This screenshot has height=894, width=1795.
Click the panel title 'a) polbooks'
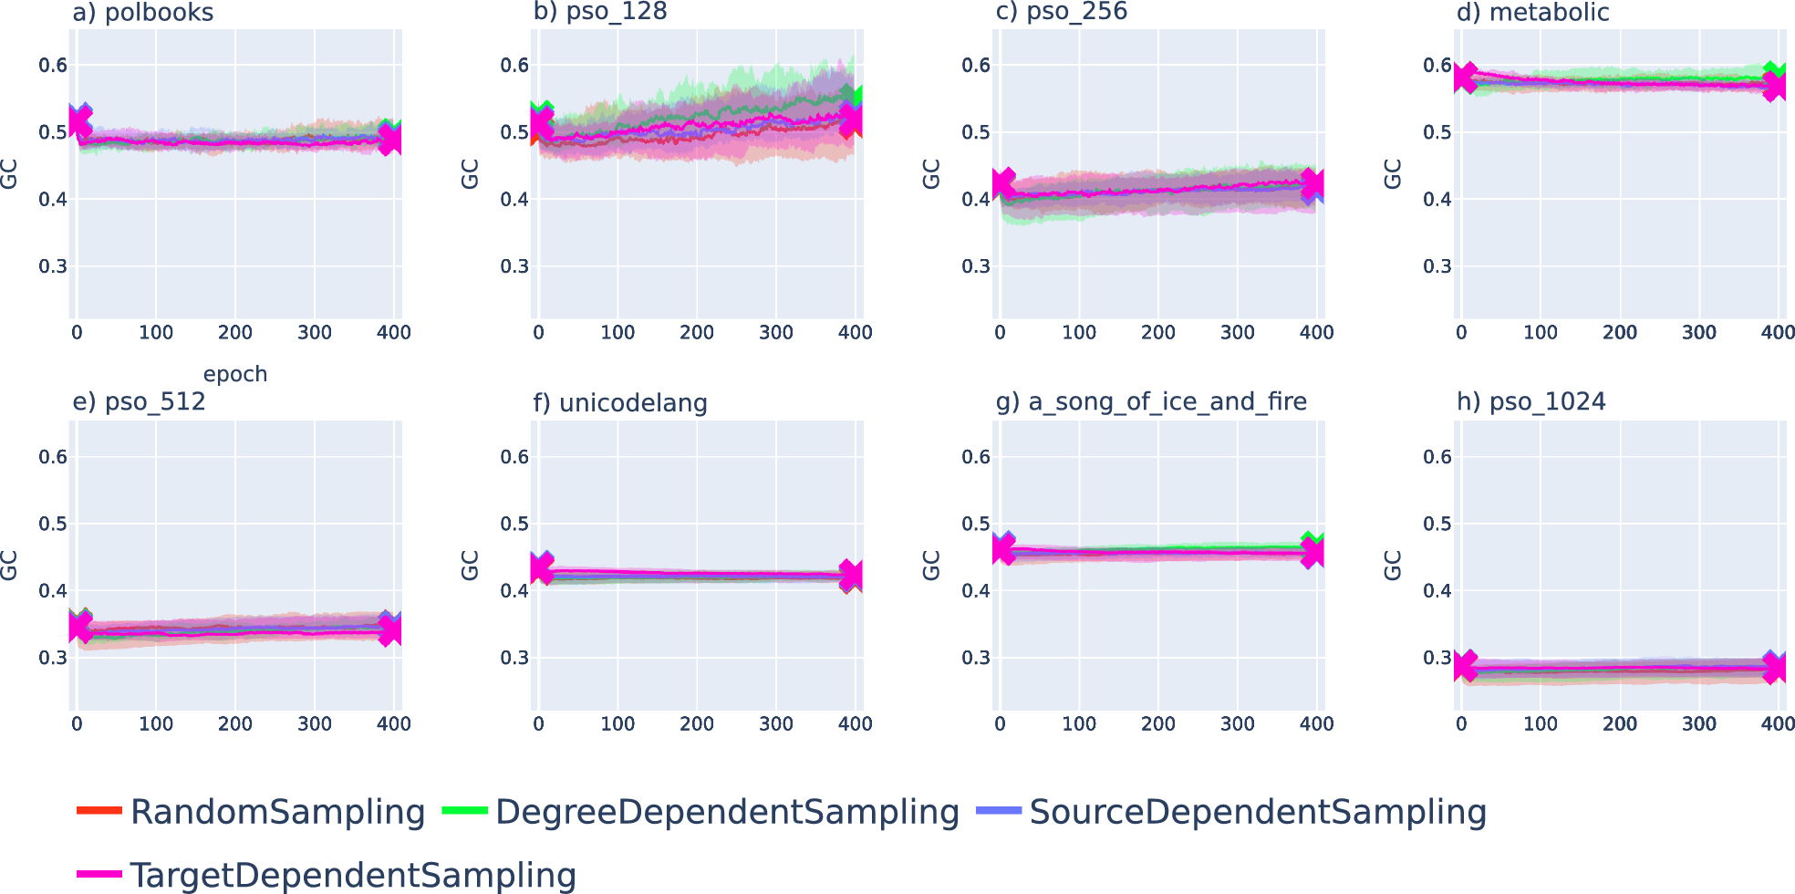click(x=142, y=13)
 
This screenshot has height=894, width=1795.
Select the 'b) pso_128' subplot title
click(x=600, y=12)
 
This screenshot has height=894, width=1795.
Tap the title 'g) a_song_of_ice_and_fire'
click(x=1151, y=402)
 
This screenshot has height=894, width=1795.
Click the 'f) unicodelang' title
click(x=620, y=402)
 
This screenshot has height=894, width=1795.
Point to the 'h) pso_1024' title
click(x=1530, y=402)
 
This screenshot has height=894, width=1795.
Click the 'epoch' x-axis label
click(x=235, y=374)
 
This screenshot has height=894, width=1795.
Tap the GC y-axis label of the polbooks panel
click(x=9, y=173)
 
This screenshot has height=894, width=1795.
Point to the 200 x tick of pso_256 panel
click(x=1157, y=333)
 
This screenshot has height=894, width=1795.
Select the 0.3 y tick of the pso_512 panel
click(x=53, y=658)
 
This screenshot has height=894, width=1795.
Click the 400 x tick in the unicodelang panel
click(x=855, y=724)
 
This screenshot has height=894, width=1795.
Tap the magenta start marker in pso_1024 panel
click(x=1465, y=666)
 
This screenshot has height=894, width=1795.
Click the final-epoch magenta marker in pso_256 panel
click(x=1313, y=185)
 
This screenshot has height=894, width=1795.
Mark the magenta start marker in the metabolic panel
click(x=1465, y=78)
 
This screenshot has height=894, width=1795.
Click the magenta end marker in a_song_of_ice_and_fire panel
click(x=1313, y=552)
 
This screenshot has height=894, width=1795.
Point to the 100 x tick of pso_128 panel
click(x=617, y=333)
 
